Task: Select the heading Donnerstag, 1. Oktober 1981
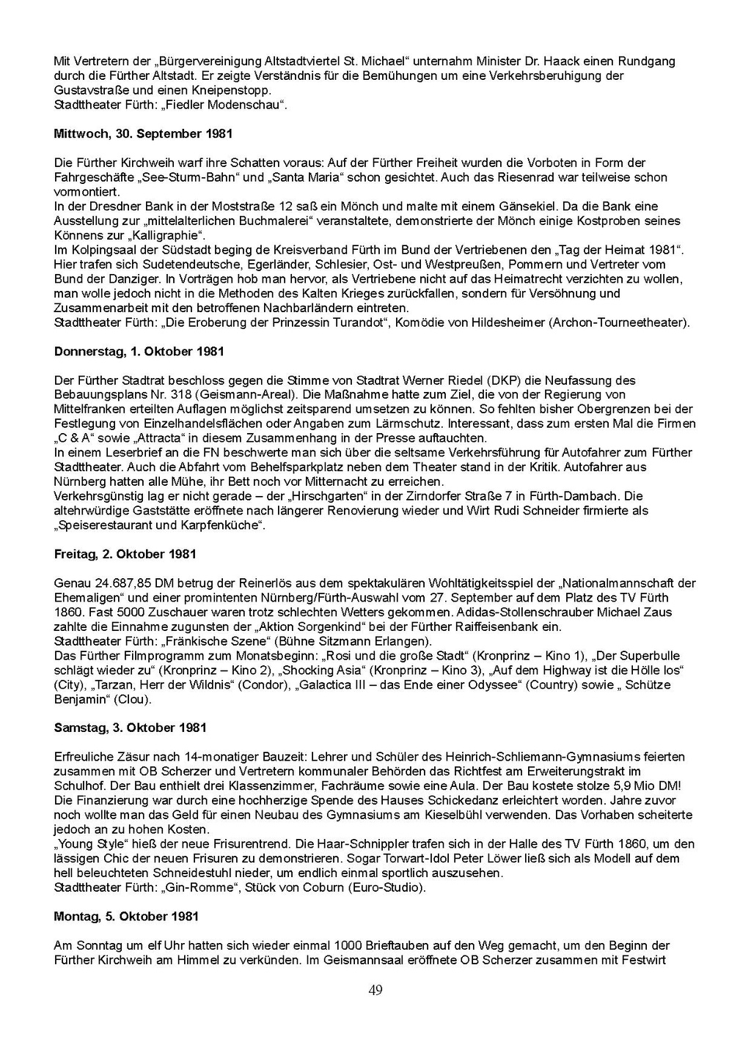139,352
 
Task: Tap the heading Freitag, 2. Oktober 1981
125,554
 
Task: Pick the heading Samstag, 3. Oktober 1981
131,728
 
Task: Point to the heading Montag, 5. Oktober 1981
126,917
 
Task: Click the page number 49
375,991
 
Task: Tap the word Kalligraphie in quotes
166,236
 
